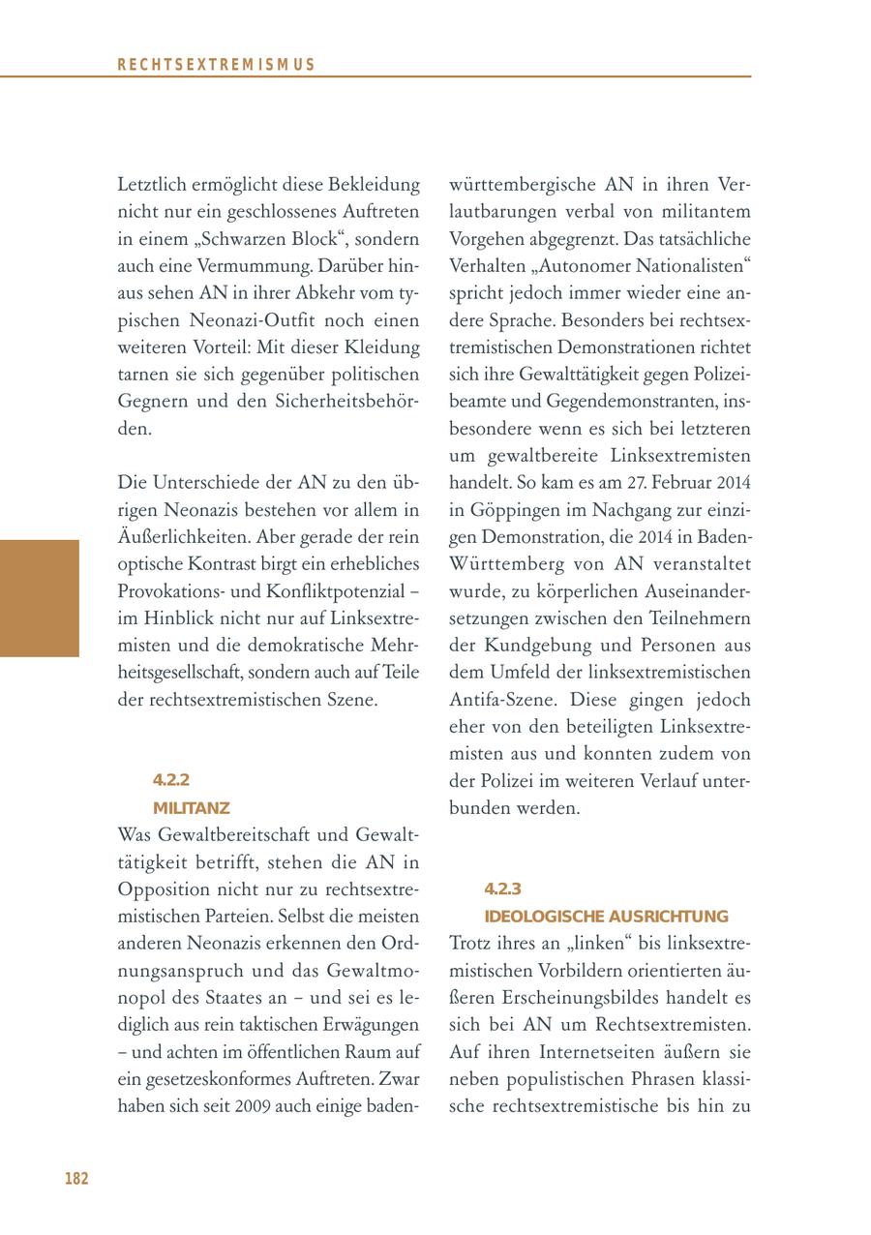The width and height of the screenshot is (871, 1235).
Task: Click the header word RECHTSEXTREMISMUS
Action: (x=216, y=65)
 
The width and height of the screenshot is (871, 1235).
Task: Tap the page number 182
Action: (x=76, y=1178)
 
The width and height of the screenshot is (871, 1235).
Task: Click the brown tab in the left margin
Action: (x=39, y=598)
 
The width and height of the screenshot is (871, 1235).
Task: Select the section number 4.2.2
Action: (x=170, y=780)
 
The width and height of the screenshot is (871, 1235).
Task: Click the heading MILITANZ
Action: (x=191, y=807)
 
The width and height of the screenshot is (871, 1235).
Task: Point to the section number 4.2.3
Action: (x=502, y=889)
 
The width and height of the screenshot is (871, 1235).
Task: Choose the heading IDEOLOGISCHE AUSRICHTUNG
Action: (x=605, y=916)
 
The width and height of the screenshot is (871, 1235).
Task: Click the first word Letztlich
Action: (x=153, y=184)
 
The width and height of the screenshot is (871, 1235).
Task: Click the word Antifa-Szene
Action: (x=503, y=699)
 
